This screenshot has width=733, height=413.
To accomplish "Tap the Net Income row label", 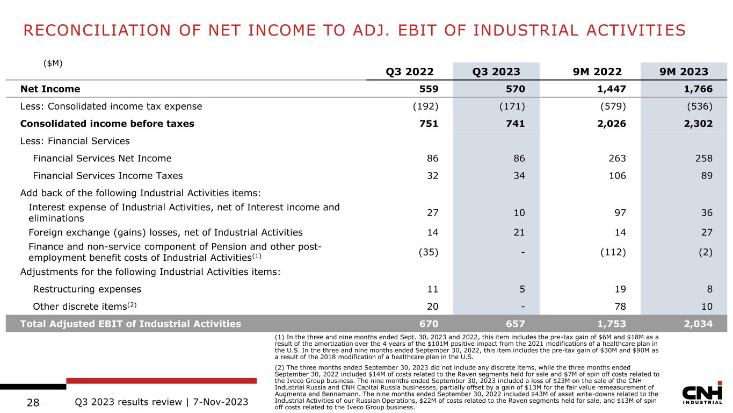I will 50,89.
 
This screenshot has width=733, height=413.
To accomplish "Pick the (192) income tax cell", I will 425,106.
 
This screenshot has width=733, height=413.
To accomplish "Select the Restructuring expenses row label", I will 87,289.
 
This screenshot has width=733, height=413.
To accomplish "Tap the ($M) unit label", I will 53,63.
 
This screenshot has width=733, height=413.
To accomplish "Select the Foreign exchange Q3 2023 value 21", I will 519,232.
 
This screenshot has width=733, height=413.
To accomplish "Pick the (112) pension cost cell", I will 613,252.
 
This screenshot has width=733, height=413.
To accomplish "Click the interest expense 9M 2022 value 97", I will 619,212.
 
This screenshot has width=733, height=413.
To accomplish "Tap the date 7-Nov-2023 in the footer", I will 221,401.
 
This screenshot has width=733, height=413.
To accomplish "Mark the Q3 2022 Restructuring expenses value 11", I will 432,289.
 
